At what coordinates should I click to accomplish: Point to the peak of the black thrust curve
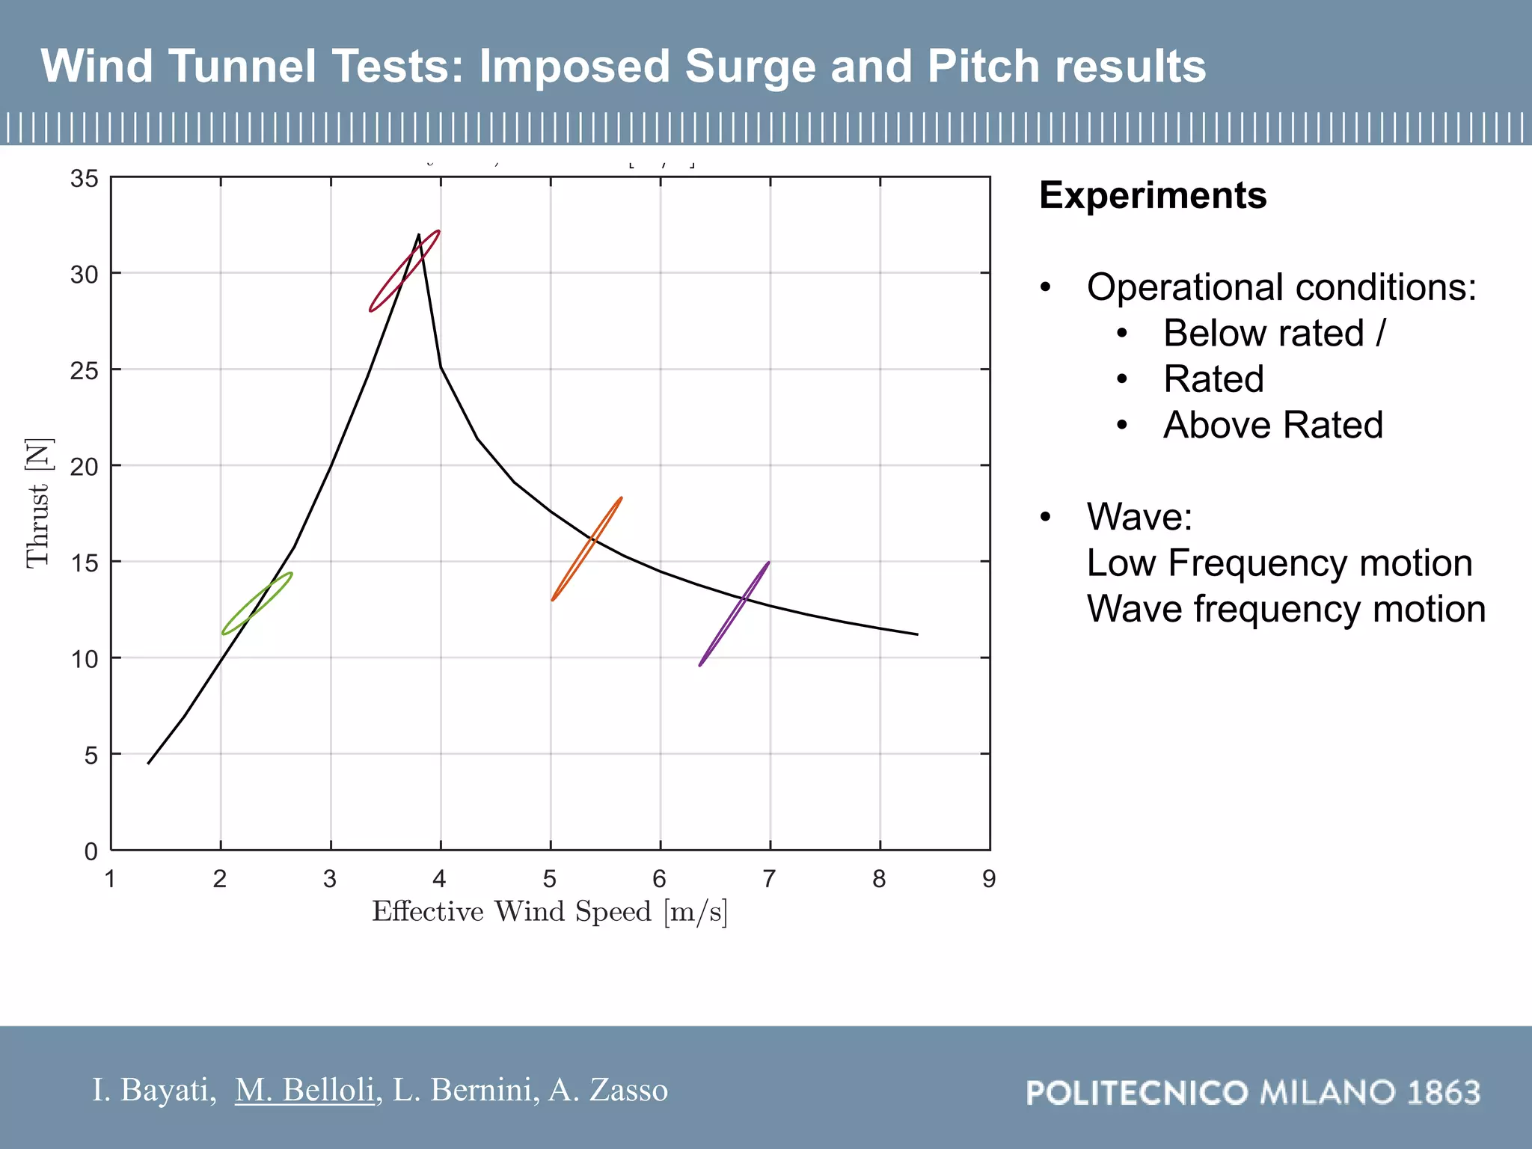[x=418, y=235]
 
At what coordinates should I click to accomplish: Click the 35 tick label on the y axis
[x=84, y=179]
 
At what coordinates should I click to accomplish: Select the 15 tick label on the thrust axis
[x=84, y=563]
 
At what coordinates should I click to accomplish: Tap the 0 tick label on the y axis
[x=91, y=851]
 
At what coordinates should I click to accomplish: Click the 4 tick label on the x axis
[x=440, y=879]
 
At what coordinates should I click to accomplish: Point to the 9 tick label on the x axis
[x=989, y=879]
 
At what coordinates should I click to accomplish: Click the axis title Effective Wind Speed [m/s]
[x=550, y=912]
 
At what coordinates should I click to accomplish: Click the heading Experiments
[x=1153, y=196]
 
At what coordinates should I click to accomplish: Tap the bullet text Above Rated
[x=1272, y=425]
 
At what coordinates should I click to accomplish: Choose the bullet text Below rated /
[x=1274, y=333]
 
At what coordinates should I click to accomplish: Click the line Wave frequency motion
[x=1285, y=609]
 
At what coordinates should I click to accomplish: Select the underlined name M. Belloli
[x=304, y=1090]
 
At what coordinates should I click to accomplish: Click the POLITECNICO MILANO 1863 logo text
[x=1253, y=1093]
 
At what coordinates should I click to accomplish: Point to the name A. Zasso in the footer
[x=607, y=1090]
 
